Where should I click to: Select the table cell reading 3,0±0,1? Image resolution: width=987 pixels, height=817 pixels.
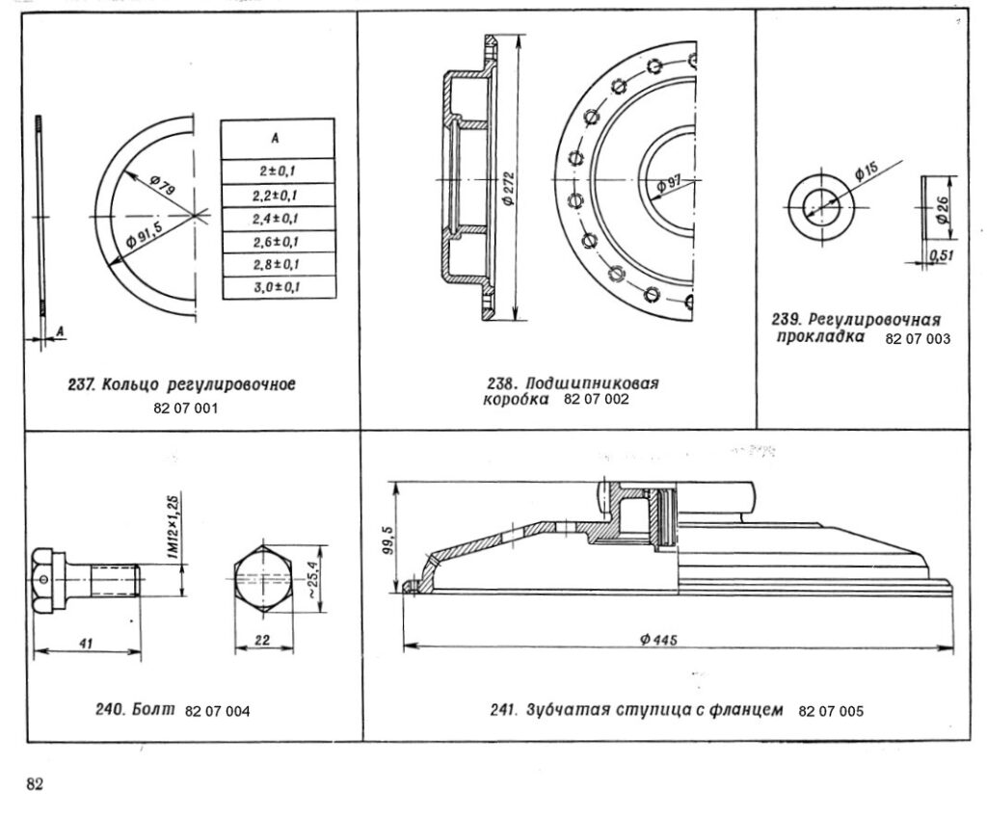(x=279, y=287)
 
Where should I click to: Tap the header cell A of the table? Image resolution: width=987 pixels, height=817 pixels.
(x=278, y=138)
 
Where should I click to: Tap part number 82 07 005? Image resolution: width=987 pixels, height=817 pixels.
(x=831, y=712)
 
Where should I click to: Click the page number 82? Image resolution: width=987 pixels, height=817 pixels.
(x=36, y=784)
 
